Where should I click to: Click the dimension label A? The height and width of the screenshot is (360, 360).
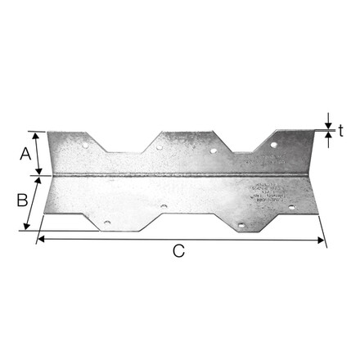click(25, 153)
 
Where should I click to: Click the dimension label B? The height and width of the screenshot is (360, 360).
click(23, 199)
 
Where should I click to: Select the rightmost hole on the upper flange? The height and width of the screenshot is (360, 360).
click(274, 145)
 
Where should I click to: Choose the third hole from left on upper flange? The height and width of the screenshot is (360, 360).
click(213, 151)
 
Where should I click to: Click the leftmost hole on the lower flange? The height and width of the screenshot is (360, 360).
click(106, 222)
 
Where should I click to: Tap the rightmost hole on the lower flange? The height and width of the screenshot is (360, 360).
click(290, 207)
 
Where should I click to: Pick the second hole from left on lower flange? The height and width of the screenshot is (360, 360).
click(164, 207)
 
